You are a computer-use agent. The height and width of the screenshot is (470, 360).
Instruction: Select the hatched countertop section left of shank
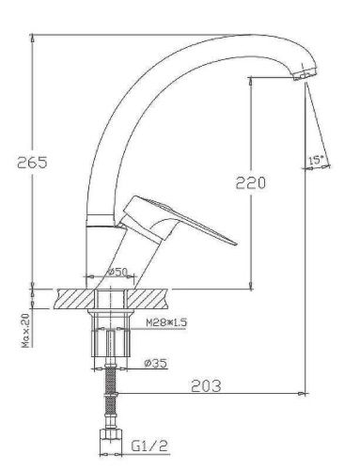(74, 298)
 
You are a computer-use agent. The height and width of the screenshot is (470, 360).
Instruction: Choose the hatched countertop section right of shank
(150, 298)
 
